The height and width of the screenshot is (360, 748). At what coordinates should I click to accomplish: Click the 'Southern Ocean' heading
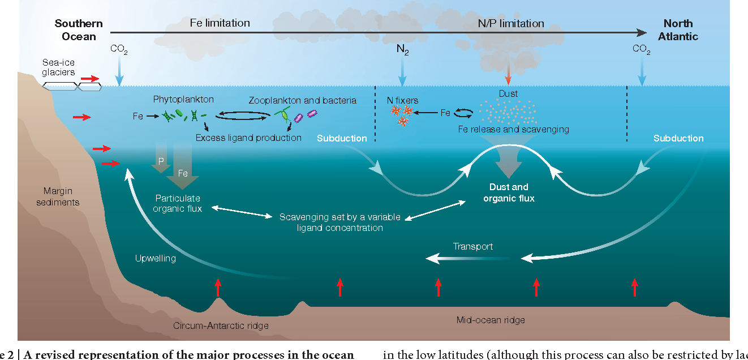pyautogui.click(x=79, y=30)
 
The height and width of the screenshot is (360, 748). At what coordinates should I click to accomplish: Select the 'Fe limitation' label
pyautogui.click(x=220, y=23)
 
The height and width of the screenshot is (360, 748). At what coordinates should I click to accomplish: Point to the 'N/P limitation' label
pyautogui.click(x=511, y=23)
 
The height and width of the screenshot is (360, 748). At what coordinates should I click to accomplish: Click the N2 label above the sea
pyautogui.click(x=402, y=50)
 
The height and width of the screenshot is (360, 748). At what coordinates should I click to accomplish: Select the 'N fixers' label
pyautogui.click(x=402, y=100)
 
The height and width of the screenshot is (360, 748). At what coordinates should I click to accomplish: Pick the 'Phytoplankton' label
pyautogui.click(x=183, y=99)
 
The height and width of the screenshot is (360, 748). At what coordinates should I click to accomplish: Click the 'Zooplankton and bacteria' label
pyautogui.click(x=303, y=100)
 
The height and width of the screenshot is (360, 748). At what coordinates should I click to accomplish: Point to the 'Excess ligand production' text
pyautogui.click(x=248, y=138)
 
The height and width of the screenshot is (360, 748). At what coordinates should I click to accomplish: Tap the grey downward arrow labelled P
pyautogui.click(x=161, y=162)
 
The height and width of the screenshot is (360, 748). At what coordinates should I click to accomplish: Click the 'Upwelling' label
pyautogui.click(x=156, y=259)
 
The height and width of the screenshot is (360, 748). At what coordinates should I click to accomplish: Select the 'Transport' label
pyautogui.click(x=473, y=246)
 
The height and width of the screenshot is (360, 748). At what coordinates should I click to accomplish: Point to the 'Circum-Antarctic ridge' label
pyautogui.click(x=221, y=325)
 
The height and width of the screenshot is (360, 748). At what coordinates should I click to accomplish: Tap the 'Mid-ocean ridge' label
pyautogui.click(x=491, y=320)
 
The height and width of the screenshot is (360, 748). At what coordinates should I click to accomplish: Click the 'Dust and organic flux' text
pyautogui.click(x=509, y=192)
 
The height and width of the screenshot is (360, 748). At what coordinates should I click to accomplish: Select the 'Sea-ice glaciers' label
pyautogui.click(x=58, y=67)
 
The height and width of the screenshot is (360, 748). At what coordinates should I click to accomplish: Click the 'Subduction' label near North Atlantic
pyautogui.click(x=678, y=138)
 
